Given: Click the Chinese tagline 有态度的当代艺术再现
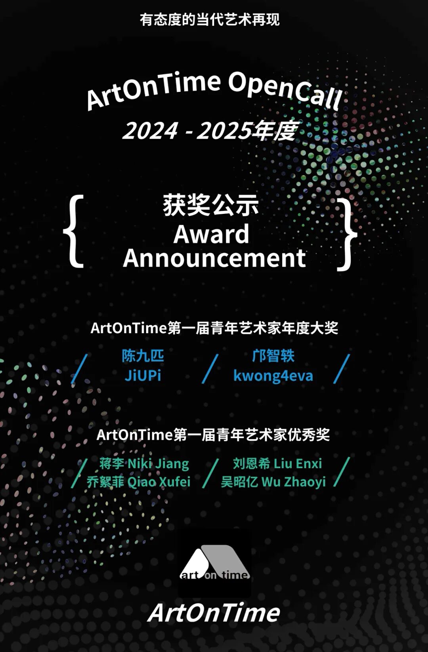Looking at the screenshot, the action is [x=210, y=20].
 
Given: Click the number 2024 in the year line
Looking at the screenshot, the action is [x=150, y=131].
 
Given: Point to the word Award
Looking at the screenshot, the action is [x=211, y=234].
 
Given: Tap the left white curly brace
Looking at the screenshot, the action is [x=73, y=231].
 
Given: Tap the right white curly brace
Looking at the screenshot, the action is [x=347, y=234].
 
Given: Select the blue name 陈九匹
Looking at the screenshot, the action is [x=143, y=356].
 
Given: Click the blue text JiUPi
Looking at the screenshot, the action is [x=143, y=376].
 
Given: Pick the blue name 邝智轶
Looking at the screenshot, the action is [x=273, y=356].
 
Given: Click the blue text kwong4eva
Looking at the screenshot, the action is [x=273, y=376].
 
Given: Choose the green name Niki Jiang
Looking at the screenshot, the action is [x=159, y=464].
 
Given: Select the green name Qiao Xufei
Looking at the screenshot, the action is [x=159, y=482].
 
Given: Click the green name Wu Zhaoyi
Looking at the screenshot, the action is [x=294, y=482].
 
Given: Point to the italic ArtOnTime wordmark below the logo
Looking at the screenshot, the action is [x=214, y=612].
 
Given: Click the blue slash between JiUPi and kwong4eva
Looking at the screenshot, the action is [x=210, y=368].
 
